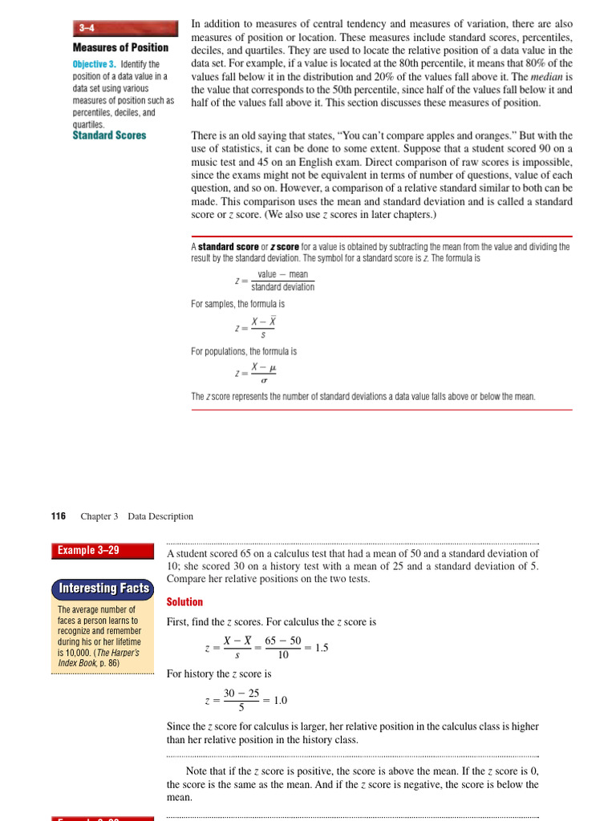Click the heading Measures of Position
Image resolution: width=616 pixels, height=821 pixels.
pos(120,47)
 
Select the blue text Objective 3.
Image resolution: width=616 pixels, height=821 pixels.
pos(94,64)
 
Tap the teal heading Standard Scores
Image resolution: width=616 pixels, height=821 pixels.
pos(109,135)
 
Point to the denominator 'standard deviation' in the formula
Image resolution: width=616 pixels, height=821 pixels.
pos(282,287)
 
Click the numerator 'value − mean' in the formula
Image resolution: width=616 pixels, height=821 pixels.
pos(282,274)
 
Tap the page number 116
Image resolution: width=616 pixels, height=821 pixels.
pos(59,516)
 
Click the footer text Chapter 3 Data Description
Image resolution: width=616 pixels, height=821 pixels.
pos(136,516)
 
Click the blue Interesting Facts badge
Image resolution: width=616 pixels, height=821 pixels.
pos(103,588)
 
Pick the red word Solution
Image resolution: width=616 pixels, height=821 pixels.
pos(184,602)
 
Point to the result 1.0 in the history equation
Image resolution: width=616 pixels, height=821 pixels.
pos(280,700)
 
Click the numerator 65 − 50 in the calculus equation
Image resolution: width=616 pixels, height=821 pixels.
pos(283,641)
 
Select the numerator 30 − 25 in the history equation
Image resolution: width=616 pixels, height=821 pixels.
pos(241,693)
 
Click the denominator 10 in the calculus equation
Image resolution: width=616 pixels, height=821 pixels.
pos(283,655)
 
